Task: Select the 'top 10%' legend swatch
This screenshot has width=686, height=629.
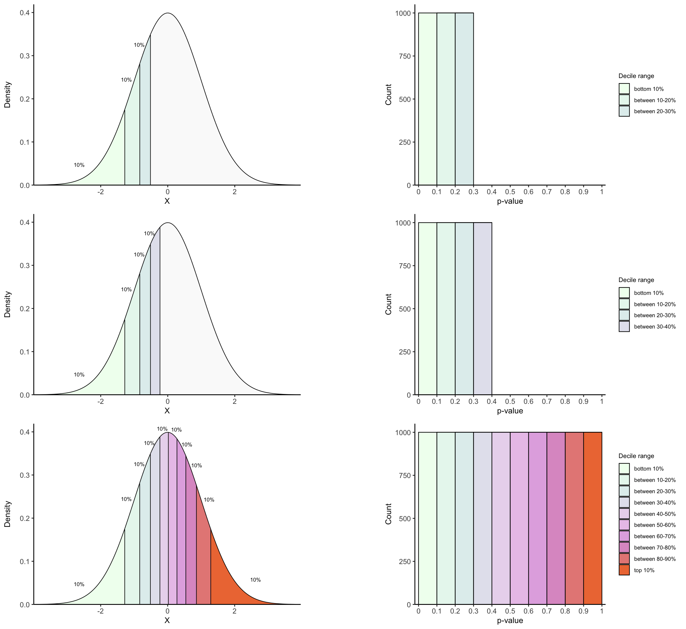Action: coord(624,570)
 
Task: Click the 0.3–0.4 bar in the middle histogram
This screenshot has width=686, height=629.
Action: coord(482,308)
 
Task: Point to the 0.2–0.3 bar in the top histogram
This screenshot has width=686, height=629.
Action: coord(464,99)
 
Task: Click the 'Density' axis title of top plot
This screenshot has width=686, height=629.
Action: coord(7,94)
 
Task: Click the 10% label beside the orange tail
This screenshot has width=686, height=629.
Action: coord(255,580)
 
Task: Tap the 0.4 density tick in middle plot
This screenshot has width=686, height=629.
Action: coord(24,222)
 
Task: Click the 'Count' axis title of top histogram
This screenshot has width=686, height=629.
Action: coord(388,94)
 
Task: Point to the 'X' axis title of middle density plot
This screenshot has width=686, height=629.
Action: coord(167,411)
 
